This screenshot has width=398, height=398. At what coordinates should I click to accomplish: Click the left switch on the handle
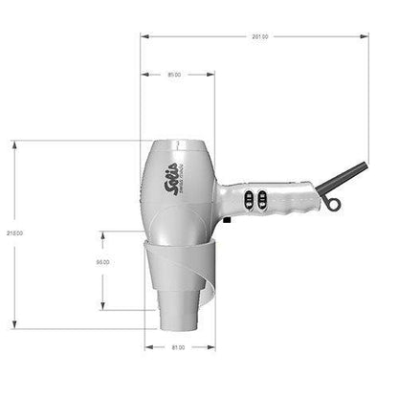coord(248,199)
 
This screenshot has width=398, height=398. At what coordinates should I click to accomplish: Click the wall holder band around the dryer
coord(178,267)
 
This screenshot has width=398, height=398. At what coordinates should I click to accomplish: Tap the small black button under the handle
coord(227,223)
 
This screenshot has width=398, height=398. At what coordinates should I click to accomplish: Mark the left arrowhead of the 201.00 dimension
coord(144,36)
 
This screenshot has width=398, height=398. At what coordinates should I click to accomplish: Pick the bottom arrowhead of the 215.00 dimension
coord(13,328)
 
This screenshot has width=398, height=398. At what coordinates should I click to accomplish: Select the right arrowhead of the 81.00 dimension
coord(212,347)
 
